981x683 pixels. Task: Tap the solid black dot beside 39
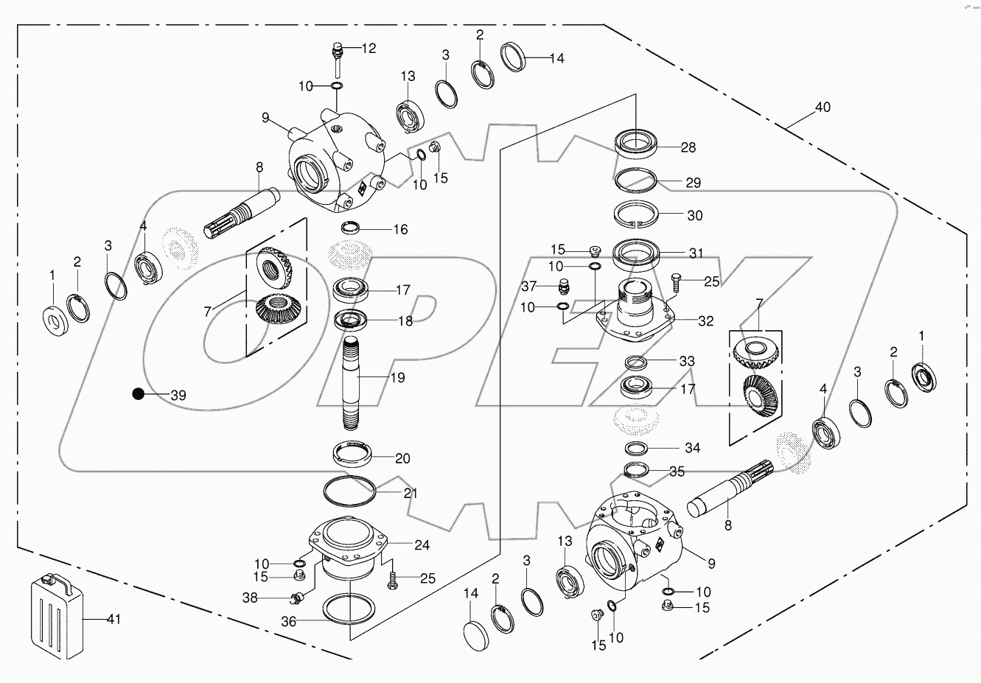138,395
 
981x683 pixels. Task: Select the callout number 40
822,108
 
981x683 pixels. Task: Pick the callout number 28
688,148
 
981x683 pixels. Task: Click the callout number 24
422,546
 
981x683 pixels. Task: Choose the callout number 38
251,598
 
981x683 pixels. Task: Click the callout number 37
528,286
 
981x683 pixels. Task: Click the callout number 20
402,458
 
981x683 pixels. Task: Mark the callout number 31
696,253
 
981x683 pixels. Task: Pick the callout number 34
691,448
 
